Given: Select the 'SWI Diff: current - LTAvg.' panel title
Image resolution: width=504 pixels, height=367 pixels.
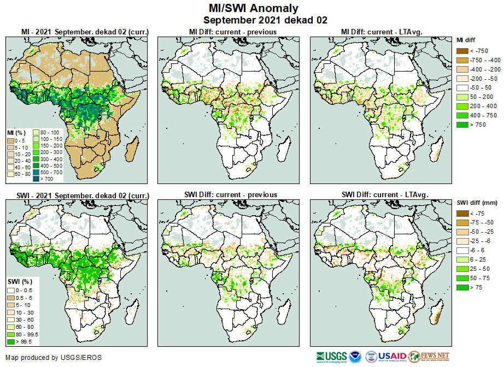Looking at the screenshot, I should click(384, 195).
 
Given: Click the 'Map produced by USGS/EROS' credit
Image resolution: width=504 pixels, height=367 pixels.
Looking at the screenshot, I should click(53, 358).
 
